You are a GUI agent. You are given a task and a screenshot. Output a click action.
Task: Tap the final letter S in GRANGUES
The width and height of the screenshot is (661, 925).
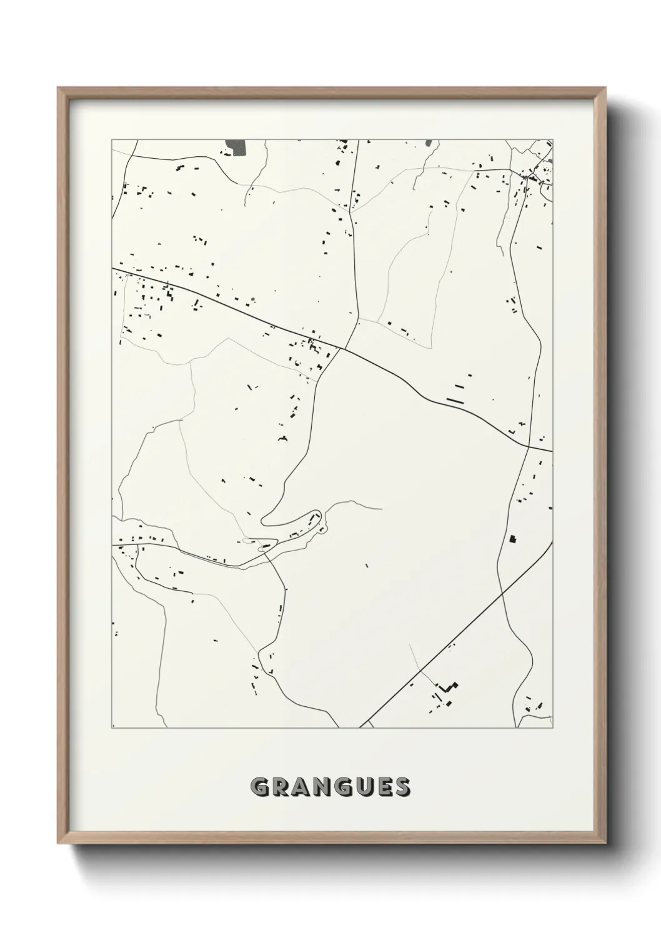point(402,787)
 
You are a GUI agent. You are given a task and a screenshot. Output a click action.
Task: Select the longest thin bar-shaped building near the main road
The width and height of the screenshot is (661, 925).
point(454,401)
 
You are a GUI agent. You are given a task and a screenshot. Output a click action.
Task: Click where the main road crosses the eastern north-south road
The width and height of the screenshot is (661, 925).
point(529,446)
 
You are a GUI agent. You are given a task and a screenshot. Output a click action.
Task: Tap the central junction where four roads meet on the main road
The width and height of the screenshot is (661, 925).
point(340,349)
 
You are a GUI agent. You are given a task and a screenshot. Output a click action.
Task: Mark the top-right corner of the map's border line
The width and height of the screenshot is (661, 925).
point(552,139)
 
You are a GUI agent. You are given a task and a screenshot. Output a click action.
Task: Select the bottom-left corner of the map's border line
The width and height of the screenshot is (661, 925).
point(112,728)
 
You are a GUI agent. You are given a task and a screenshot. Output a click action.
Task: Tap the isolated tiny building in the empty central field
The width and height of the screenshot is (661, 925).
point(367,566)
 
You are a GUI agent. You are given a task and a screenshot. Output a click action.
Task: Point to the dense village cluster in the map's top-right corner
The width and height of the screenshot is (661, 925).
point(534,175)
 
